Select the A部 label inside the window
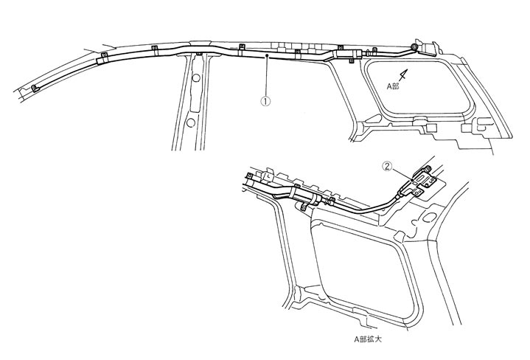(397, 86)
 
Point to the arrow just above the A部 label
(402, 74)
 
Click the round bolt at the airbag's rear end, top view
(416, 47)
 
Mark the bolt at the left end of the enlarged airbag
(249, 176)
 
